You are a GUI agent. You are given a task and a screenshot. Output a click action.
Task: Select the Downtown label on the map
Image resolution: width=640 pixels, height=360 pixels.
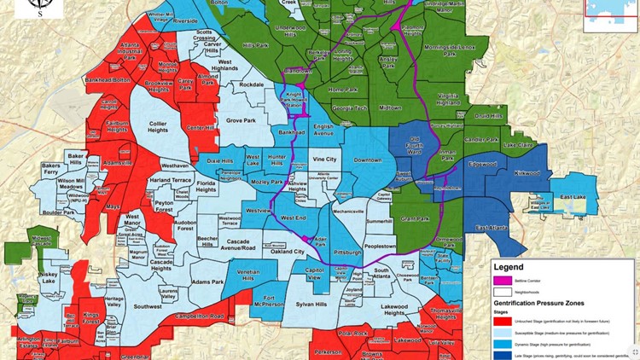pyautogui.click(x=369, y=160)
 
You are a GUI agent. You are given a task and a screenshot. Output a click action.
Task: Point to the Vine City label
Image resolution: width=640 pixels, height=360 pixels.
pyautogui.click(x=324, y=160)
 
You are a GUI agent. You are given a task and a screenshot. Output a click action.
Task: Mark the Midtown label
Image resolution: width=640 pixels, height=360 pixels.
pyautogui.click(x=390, y=108)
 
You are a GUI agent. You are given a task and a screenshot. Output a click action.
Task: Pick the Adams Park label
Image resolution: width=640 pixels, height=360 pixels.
pyautogui.click(x=207, y=281)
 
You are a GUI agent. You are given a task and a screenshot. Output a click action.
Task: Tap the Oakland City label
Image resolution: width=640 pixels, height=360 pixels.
pyautogui.click(x=288, y=252)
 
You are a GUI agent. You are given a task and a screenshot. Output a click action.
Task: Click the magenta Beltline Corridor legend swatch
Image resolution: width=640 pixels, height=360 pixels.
pyautogui.click(x=503, y=279)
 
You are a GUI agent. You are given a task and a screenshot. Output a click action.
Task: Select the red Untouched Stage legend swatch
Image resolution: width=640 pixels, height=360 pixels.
pyautogui.click(x=503, y=320)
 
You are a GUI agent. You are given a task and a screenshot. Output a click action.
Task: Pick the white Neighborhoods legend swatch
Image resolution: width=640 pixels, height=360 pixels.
pyautogui.click(x=503, y=291)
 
